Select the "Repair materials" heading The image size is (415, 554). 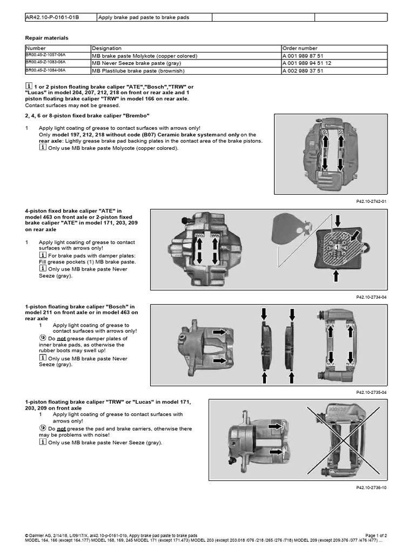47,38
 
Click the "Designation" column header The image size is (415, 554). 106,48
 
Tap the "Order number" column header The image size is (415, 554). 299,48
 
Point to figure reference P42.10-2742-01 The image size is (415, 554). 371,201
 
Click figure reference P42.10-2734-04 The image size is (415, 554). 371,297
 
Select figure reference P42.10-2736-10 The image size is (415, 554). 371,487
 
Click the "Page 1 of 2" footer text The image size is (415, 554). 372,535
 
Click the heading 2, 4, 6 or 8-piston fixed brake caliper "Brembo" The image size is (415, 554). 87,116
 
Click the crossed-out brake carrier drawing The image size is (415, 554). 337,439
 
